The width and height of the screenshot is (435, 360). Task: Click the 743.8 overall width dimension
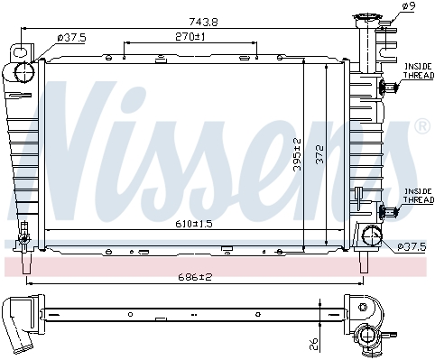(203, 22)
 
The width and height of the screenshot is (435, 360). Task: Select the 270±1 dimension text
(190, 37)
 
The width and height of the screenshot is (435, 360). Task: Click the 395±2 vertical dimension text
(297, 154)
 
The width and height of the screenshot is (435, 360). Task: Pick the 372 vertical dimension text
(320, 154)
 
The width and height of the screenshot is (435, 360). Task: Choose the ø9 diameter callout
(409, 6)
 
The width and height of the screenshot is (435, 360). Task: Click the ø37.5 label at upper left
(72, 38)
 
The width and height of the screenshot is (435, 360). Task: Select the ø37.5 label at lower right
(412, 247)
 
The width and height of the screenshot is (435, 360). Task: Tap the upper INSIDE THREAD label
(419, 70)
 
